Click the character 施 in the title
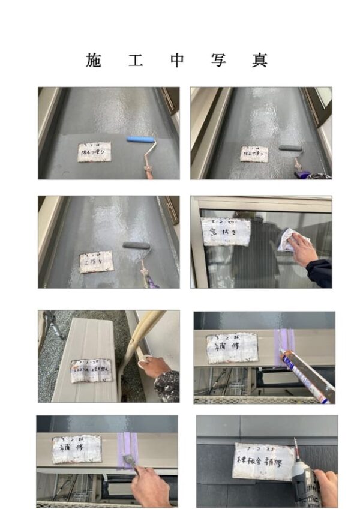click(x=94, y=61)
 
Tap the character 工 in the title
click(x=135, y=61)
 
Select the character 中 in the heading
click(x=176, y=61)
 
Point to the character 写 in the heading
click(x=218, y=61)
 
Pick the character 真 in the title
click(x=259, y=61)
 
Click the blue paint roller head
click(x=140, y=140)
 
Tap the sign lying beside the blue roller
click(x=94, y=152)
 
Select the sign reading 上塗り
click(x=96, y=262)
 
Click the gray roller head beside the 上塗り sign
click(x=136, y=245)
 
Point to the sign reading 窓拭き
click(x=225, y=231)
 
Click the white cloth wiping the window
click(x=291, y=241)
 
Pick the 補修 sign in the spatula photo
click(x=76, y=450)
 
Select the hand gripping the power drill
click(x=326, y=485)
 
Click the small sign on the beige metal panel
click(x=91, y=370)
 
